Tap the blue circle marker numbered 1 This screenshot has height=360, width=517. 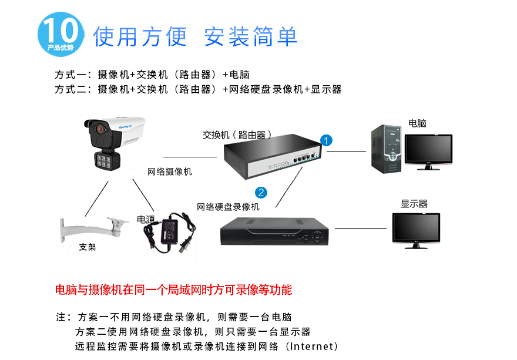click(327, 140)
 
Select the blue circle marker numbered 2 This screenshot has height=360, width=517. click(261, 192)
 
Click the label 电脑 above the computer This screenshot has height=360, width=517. click(417, 123)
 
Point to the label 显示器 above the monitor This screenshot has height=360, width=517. click(414, 204)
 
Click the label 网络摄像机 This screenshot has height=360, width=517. click(169, 172)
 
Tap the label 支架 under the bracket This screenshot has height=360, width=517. click(88, 247)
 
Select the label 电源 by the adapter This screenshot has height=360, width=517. click(146, 219)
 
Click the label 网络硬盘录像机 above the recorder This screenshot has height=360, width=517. click(228, 207)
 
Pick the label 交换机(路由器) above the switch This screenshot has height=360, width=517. click(237, 134)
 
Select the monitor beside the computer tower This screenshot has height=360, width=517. click(428, 151)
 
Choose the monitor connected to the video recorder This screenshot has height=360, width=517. click(416, 230)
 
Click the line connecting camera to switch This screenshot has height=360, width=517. click(190, 157)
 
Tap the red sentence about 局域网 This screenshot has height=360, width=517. click(173, 290)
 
